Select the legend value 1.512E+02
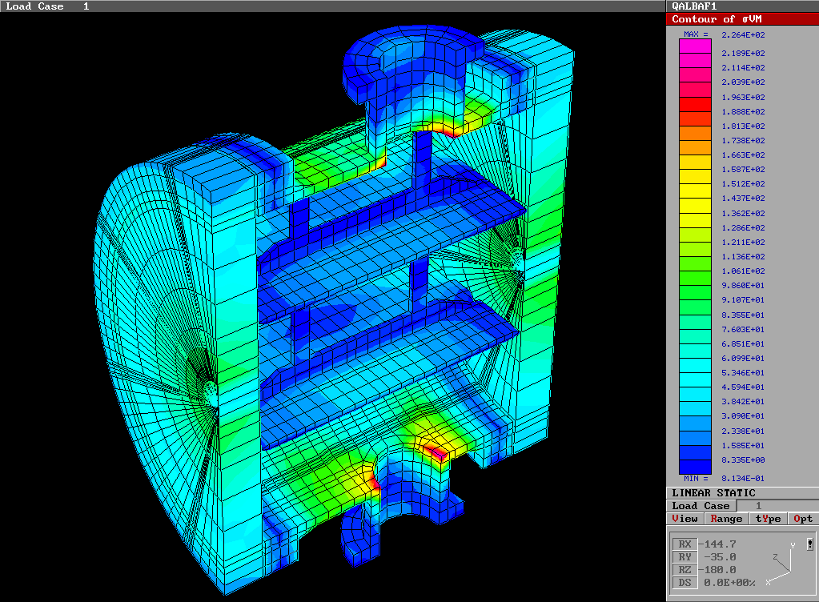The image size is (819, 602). tap(743, 183)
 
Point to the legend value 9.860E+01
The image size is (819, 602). tap(743, 286)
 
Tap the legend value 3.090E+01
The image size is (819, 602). tap(743, 416)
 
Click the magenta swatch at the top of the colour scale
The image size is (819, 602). tap(694, 46)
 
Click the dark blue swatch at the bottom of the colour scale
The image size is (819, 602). tap(694, 466)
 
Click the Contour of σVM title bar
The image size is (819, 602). tap(742, 18)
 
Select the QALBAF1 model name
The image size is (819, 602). tap(694, 6)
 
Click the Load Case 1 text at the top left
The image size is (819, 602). tap(48, 6)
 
